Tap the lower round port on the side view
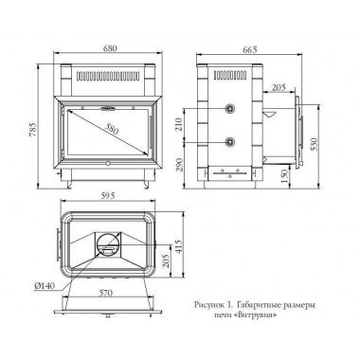(229, 142)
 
